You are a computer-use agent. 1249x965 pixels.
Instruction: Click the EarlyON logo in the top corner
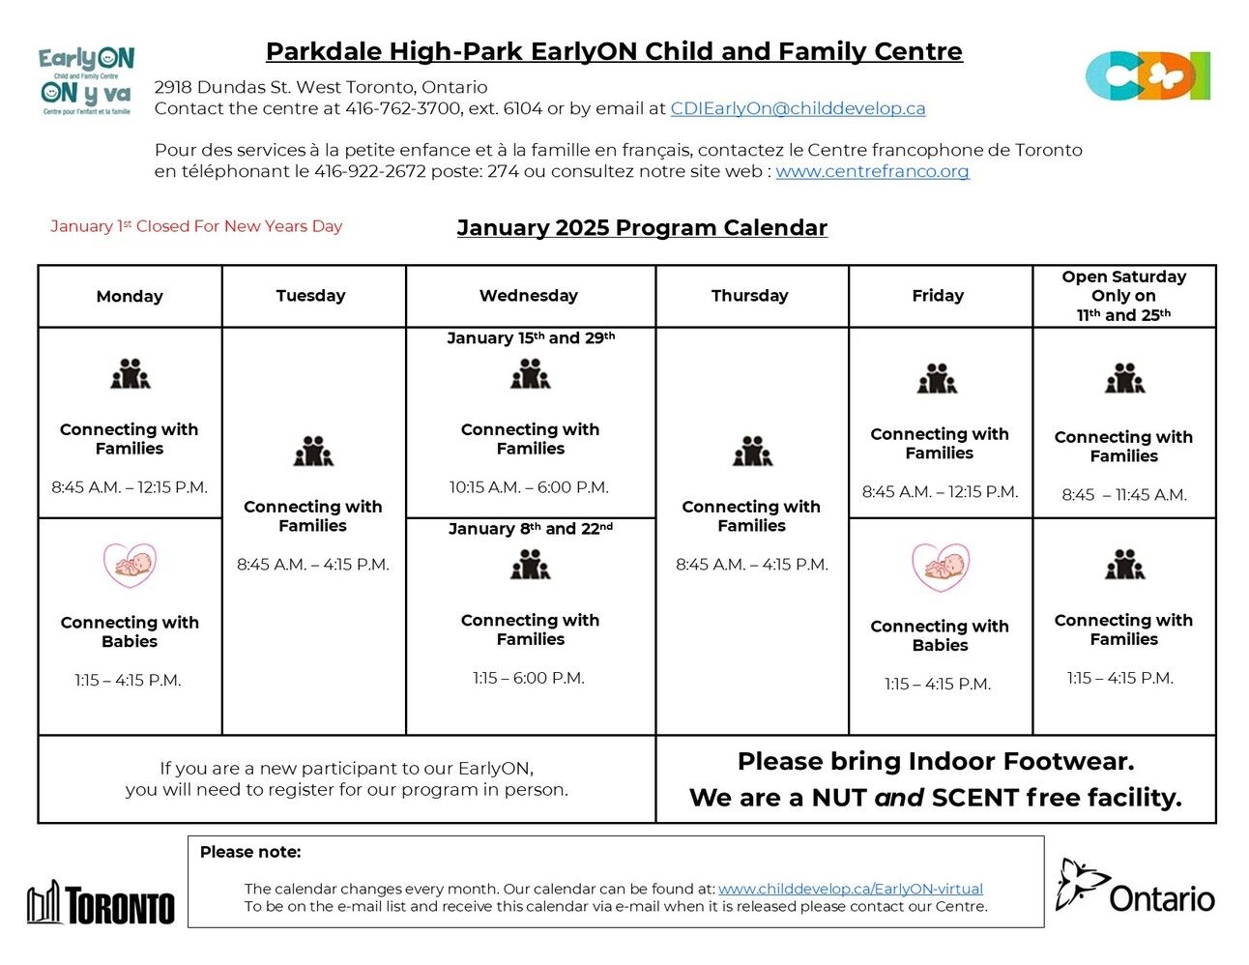pyautogui.click(x=87, y=81)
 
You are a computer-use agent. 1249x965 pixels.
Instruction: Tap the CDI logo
pyautogui.click(x=1147, y=76)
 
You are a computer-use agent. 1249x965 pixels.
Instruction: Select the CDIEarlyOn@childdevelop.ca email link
pyautogui.click(x=798, y=108)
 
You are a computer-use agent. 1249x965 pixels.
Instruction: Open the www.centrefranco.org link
pyautogui.click(x=872, y=171)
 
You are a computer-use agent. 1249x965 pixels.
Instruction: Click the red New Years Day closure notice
pyautogui.click(x=196, y=226)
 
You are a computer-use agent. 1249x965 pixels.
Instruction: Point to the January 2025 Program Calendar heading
pyautogui.click(x=642, y=228)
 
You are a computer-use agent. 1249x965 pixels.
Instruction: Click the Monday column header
pyautogui.click(x=130, y=296)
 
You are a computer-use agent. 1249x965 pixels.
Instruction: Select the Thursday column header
pyautogui.click(x=750, y=296)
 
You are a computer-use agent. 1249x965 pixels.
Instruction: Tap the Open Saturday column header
pyautogui.click(x=1123, y=296)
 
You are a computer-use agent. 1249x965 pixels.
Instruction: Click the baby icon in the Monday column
pyautogui.click(x=130, y=566)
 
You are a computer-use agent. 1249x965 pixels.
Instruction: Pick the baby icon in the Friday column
pyautogui.click(x=940, y=568)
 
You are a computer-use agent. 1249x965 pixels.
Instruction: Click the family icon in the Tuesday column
pyautogui.click(x=313, y=451)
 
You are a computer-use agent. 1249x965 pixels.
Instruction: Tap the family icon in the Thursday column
pyautogui.click(x=752, y=451)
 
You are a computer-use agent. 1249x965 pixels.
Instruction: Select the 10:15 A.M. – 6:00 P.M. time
pyautogui.click(x=529, y=487)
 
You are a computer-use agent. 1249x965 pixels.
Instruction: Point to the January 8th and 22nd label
pyautogui.click(x=530, y=529)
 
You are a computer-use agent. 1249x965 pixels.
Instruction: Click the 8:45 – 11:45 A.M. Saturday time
pyautogui.click(x=1123, y=495)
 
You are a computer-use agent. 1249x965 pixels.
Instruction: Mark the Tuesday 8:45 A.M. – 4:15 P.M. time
pyautogui.click(x=313, y=565)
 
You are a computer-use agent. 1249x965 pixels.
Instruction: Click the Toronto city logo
pyautogui.click(x=102, y=903)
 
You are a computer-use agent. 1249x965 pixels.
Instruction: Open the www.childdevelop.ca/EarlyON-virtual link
pyautogui.click(x=850, y=889)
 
